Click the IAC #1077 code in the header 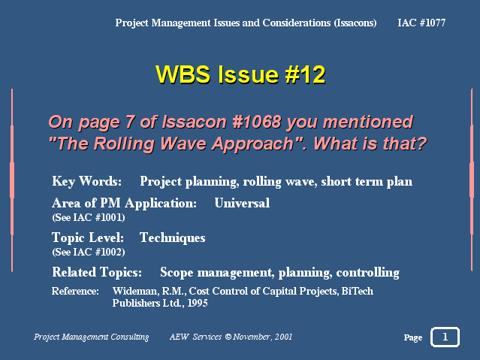point(421,23)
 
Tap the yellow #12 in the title point(305,74)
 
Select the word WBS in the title point(183,74)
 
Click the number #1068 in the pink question point(257,122)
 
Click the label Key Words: point(87,181)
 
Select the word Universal point(242,203)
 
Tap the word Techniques point(172,238)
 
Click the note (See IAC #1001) point(89,217)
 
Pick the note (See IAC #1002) point(89,253)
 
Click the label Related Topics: point(97,272)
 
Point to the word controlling point(367,273)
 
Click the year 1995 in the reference point(198,303)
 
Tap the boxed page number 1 point(445,337)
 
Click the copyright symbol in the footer point(228,337)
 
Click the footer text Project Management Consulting point(91,337)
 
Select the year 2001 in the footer point(283,337)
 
